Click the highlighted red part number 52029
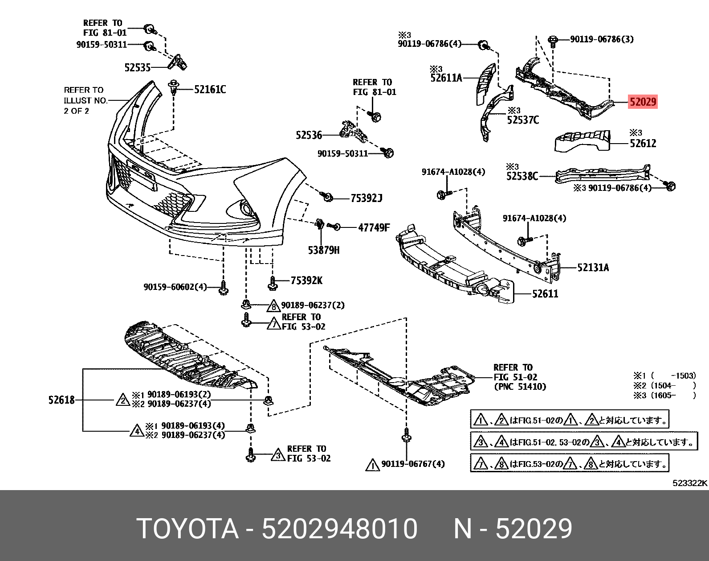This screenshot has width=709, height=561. pos(642,102)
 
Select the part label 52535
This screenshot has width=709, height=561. pos(138,68)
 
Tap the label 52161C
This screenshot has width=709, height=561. pos(210,90)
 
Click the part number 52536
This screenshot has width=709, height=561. pos(309,135)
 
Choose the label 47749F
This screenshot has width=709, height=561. pos(374,228)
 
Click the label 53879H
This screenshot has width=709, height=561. pos(323,250)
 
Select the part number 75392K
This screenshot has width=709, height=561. pos(306,280)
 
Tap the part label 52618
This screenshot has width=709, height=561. pos(61,400)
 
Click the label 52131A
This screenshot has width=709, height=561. pos(593,268)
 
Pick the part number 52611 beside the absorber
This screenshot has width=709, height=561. pos(545,294)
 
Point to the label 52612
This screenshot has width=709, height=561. pos(643,144)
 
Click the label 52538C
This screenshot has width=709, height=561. pos(522,177)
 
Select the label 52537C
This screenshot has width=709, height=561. pos(523,120)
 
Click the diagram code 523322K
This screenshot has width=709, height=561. pos(690,483)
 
